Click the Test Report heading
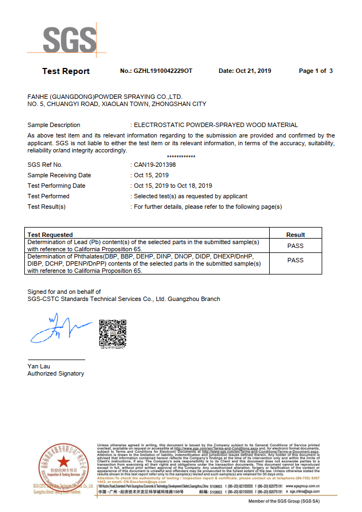pos(66,71)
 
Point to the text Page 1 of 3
pos(316,71)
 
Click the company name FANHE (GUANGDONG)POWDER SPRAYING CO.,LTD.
pos(105,96)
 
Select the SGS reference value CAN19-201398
pos(155,165)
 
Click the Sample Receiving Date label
pos(59,175)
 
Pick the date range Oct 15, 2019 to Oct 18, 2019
pos(173,186)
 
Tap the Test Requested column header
pos(50,235)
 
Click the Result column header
pos(296,235)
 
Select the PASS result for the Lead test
pos(296,246)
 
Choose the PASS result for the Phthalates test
pos(296,260)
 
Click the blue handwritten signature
pos(59,329)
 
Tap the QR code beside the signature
pos(112,332)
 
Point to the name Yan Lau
pos(39,366)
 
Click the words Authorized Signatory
pos(56,374)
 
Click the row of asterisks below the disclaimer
pos(181,157)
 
